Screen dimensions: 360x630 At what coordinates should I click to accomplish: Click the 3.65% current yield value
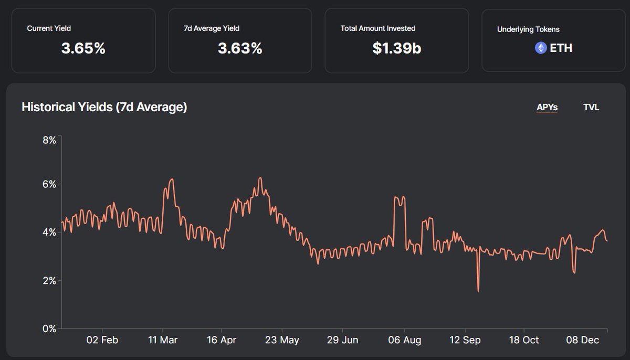83,49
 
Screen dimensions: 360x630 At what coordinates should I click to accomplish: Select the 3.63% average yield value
239,49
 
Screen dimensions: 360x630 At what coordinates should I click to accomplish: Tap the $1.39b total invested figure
396,49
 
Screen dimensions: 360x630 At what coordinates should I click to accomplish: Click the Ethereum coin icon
540,48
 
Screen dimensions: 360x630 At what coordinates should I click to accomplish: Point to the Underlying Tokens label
528,29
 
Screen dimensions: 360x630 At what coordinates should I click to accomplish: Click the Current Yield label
49,28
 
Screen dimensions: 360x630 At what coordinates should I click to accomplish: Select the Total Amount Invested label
377,28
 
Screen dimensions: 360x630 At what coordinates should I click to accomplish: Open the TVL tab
591,108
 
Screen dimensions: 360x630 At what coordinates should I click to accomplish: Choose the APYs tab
547,108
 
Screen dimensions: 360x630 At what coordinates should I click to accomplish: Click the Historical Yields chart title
104,107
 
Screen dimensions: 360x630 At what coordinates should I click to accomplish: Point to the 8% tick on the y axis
49,140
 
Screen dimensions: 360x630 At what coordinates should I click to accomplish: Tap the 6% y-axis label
49,184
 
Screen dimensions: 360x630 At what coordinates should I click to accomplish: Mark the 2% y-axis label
49,281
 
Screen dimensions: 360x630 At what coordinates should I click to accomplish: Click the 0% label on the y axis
49,329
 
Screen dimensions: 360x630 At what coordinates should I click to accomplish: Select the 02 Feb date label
102,340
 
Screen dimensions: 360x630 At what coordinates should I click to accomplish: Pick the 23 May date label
282,340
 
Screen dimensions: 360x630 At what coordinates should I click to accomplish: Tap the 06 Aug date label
405,340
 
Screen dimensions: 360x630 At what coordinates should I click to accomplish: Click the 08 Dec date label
583,340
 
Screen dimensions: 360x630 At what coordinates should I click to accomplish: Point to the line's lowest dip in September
478,291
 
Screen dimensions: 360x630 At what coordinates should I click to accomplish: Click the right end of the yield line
607,241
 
